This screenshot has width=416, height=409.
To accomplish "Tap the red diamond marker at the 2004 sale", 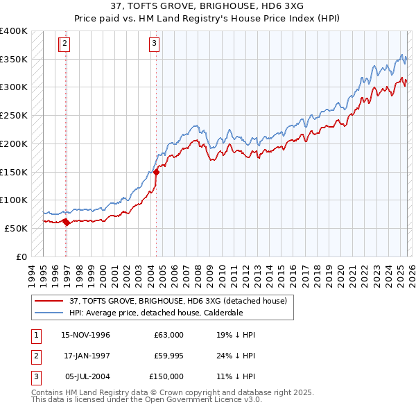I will (156, 173).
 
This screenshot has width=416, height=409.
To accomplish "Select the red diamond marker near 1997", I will (66, 222).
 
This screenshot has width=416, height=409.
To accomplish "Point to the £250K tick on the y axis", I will (14, 116).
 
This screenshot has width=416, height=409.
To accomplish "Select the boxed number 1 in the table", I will (35, 335).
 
